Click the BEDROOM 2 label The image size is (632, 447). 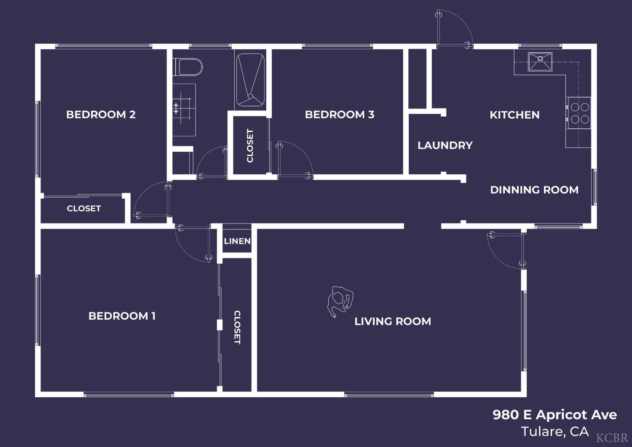(101, 115)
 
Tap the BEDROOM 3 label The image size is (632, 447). (340, 115)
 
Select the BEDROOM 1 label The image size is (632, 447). (122, 316)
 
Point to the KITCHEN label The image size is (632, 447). (514, 115)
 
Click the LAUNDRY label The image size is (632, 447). (445, 145)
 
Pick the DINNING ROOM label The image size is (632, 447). (534, 190)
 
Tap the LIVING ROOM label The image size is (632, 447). (393, 321)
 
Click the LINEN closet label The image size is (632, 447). (237, 241)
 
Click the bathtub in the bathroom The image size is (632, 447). (250, 80)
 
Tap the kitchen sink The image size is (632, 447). (540, 62)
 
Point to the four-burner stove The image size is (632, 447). (579, 113)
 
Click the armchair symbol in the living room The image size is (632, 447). (340, 300)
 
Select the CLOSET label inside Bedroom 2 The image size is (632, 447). (84, 208)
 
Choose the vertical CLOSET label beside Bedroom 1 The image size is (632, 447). (237, 327)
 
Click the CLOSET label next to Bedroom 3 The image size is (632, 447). (250, 145)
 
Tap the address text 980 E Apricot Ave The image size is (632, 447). (554, 415)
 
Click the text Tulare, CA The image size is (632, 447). (554, 432)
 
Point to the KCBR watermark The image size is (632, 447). (612, 438)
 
